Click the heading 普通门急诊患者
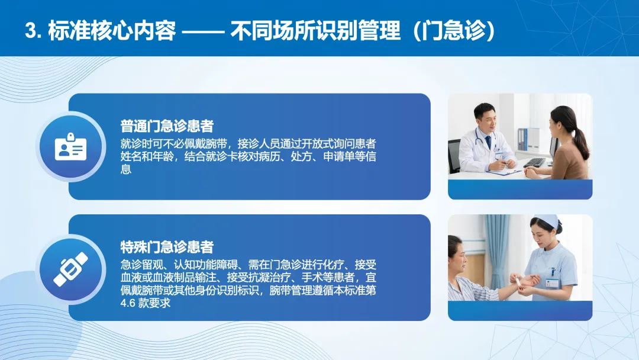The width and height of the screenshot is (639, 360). pos(167,126)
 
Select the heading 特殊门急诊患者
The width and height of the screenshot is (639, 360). pos(167,247)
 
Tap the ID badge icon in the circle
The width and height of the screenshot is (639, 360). pos(71,146)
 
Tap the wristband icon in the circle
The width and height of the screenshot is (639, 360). pos(71,269)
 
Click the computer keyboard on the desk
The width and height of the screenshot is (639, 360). pos(534,162)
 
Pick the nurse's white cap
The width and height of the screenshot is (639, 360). pos(547,222)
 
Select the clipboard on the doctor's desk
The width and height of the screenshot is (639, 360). pos(504,171)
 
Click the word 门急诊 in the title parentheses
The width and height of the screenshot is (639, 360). pos(454,31)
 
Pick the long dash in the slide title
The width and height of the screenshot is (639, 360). pos(203,32)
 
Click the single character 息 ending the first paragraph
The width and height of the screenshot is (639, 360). pos(125,169)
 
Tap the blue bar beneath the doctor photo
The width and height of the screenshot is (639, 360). pos(520,189)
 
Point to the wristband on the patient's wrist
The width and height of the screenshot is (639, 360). pos(518,281)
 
